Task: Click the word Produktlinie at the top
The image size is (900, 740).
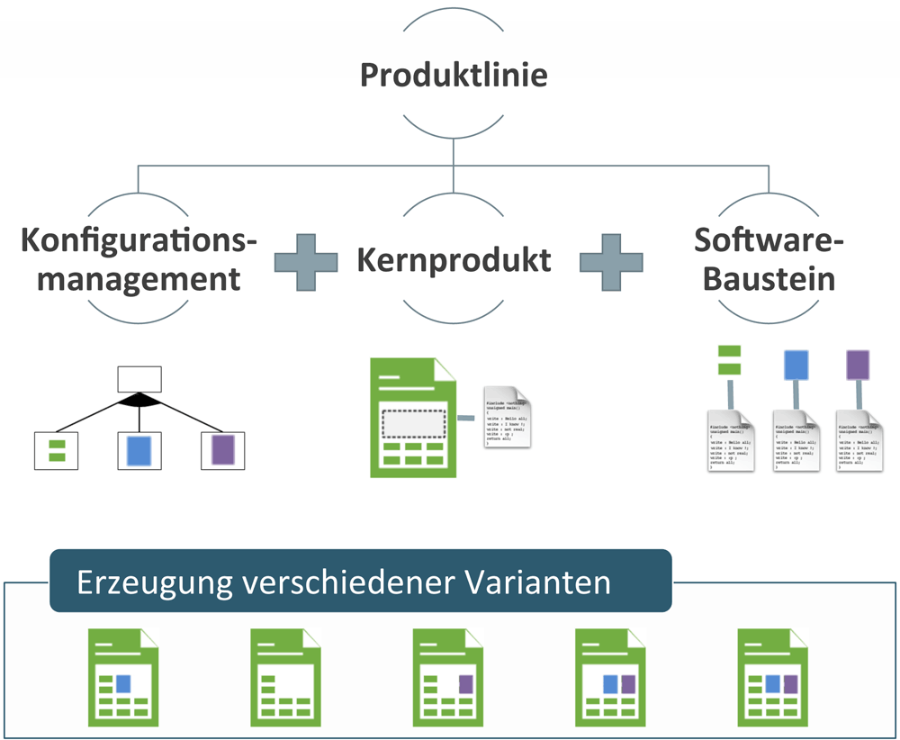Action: coord(453,74)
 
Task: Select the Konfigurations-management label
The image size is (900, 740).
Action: coord(139,260)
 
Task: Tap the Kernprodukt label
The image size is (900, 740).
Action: coord(454,260)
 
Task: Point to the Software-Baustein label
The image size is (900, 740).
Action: coord(769,260)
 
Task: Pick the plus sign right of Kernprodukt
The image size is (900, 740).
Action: coord(611,262)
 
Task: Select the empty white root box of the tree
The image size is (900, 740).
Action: coord(139,379)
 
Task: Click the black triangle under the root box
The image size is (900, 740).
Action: coord(139,400)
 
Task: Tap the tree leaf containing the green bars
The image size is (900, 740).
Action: coord(56,450)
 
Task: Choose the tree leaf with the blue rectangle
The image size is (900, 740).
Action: coord(139,450)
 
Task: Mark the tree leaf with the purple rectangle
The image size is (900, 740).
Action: coord(221,450)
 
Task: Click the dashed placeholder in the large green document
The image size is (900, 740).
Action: coord(413,423)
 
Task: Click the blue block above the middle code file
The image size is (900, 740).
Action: coord(796,365)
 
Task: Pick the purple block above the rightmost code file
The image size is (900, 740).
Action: coord(859,365)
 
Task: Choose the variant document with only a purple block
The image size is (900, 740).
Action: coord(447,677)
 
